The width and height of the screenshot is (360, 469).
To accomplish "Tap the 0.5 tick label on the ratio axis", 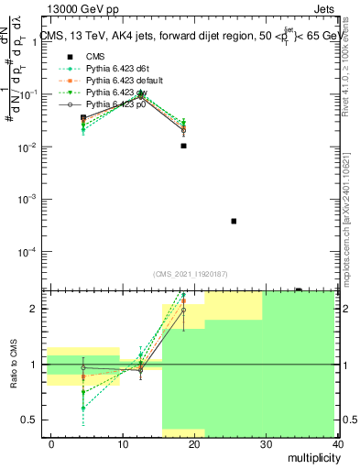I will pos(29,420).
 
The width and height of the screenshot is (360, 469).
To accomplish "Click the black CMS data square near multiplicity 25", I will pos(234,221).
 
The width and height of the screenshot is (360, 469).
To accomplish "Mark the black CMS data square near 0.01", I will pos(184,146).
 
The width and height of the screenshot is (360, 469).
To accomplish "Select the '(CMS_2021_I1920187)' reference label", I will pos(191,274).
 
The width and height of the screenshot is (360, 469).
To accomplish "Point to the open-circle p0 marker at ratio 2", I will pos(184,310).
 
